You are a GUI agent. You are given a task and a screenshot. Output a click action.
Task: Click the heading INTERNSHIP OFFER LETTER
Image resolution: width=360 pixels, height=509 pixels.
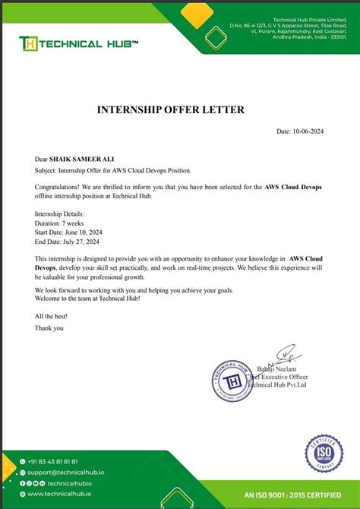pyautogui.click(x=171, y=110)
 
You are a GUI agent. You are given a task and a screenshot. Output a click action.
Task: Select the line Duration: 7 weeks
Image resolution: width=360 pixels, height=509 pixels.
pyautogui.click(x=61, y=224)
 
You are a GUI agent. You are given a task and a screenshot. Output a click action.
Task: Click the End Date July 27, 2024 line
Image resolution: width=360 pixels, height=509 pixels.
pyautogui.click(x=68, y=242)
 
